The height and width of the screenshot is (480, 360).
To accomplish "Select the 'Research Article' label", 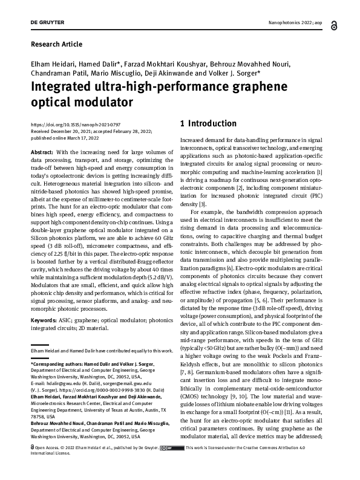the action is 56,44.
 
